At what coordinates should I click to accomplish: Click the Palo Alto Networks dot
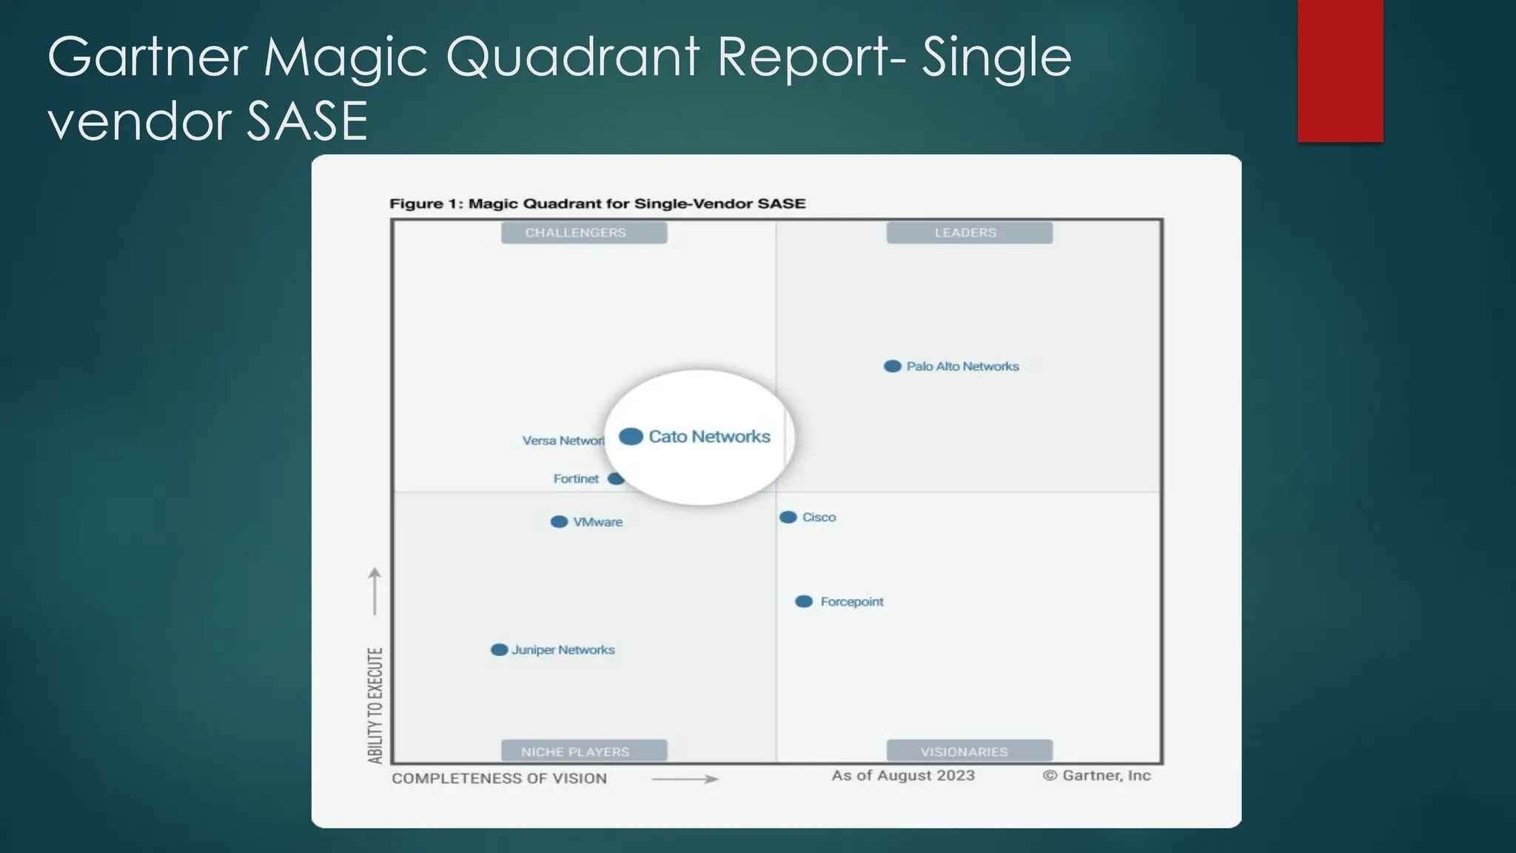pos(893,367)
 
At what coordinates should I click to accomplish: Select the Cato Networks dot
pos(631,437)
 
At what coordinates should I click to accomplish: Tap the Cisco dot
pos(788,518)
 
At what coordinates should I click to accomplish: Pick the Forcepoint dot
pos(804,602)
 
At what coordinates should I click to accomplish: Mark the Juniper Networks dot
pos(500,650)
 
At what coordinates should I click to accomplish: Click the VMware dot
pos(560,522)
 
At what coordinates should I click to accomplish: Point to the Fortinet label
pos(576,479)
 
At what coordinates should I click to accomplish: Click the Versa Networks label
pos(563,441)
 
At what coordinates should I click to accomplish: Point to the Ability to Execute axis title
pos(375,705)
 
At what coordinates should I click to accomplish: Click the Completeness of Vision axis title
pos(499,778)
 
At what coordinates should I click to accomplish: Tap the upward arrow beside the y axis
pos(375,591)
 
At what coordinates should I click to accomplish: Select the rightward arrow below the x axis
pos(685,779)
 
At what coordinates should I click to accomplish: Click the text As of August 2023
pos(903,775)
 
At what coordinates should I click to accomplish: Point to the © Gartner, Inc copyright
pos(1097,775)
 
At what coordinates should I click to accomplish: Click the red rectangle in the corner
pos(1340,70)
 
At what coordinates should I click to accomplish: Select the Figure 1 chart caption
pos(597,204)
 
